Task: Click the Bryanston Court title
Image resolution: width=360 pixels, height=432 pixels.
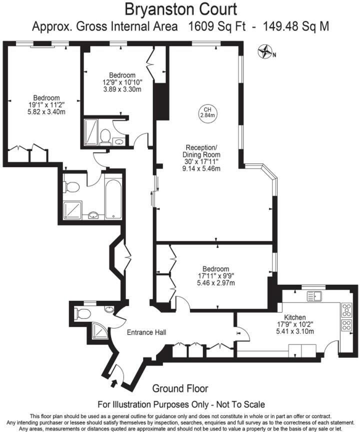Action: (180, 9)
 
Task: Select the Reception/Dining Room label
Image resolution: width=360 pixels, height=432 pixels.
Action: (201, 151)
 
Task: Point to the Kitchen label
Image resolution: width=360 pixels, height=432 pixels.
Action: (295, 317)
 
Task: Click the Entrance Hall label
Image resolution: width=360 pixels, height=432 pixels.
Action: (146, 332)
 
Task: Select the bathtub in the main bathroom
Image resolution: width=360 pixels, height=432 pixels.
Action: (113, 196)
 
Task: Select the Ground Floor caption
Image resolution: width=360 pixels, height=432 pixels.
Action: (180, 388)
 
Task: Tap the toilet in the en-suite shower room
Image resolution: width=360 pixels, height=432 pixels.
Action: (105, 135)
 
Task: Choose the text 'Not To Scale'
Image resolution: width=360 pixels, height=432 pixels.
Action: (236, 404)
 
